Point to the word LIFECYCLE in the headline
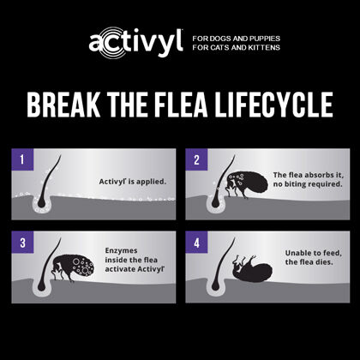coord(280,105)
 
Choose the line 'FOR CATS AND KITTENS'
coord(234,48)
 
